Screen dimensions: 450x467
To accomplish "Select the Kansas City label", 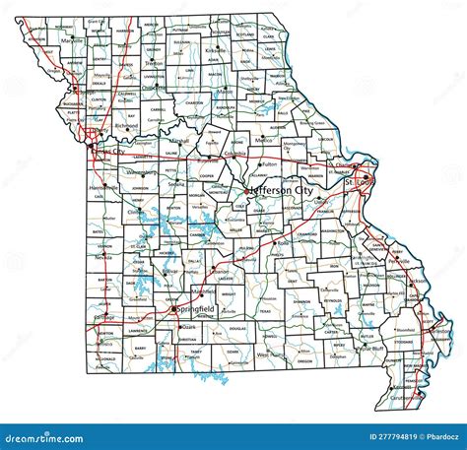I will [109, 152].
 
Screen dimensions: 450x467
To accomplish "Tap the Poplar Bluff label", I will [371, 348].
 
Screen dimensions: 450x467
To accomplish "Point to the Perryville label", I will [398, 261].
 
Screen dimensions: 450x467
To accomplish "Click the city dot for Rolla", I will [275, 241].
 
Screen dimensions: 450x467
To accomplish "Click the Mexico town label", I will [263, 141].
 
